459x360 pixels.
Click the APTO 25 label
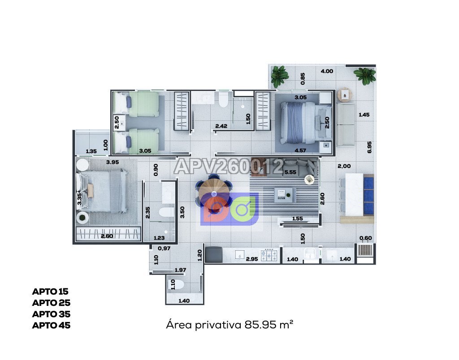(x=51, y=303)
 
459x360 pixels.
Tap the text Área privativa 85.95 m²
(x=230, y=325)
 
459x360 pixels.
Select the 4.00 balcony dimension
(x=327, y=71)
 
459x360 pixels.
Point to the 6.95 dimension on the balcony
(x=369, y=147)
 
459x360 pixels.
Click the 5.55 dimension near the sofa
(x=290, y=172)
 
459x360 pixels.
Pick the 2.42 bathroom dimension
(x=221, y=126)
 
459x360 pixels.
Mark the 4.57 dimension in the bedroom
(x=300, y=150)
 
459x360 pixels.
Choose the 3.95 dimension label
(x=113, y=162)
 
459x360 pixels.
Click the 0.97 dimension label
(x=164, y=249)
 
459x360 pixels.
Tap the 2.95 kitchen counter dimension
(x=252, y=259)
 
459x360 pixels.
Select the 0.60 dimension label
(x=366, y=238)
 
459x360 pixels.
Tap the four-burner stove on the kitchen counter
(x=269, y=255)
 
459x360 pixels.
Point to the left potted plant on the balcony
(x=280, y=76)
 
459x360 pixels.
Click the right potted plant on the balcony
(x=365, y=76)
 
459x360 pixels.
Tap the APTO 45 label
(x=51, y=325)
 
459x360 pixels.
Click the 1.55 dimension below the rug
(x=298, y=219)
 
